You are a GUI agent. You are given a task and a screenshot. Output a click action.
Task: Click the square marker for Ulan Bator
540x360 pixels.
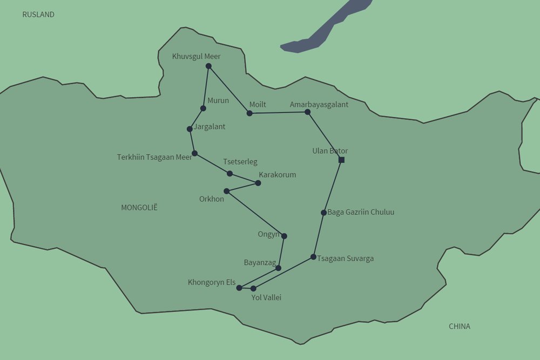click(x=341, y=160)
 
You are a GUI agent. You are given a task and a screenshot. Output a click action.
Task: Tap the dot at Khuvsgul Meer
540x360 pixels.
click(x=208, y=66)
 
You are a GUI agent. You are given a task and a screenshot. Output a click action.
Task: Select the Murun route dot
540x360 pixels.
click(x=203, y=108)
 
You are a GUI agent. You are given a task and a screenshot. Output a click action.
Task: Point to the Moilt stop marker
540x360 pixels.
click(x=249, y=113)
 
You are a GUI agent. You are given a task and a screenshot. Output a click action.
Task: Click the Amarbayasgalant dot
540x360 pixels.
click(x=307, y=112)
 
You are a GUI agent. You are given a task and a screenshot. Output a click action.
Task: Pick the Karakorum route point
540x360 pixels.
click(x=258, y=183)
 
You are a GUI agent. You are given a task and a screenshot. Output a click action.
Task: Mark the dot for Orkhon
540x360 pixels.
click(x=226, y=191)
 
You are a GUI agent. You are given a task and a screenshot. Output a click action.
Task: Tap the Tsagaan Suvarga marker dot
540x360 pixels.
click(x=313, y=257)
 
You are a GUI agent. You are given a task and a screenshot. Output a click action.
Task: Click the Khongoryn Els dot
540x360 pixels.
click(x=239, y=288)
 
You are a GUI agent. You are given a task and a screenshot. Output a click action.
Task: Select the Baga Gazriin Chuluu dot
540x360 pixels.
click(x=323, y=213)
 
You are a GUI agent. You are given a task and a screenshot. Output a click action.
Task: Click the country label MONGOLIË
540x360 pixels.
click(x=139, y=207)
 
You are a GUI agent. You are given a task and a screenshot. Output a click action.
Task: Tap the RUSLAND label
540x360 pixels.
click(x=38, y=15)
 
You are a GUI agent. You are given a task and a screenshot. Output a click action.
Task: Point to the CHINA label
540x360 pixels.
click(x=460, y=326)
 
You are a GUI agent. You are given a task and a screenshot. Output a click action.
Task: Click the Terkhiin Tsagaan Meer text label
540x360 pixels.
click(x=154, y=158)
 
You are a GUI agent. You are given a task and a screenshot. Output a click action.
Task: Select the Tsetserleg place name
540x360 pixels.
click(x=240, y=162)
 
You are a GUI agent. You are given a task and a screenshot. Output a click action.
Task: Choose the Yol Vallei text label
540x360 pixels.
click(x=266, y=297)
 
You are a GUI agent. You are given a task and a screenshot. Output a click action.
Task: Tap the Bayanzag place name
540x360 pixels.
click(x=260, y=263)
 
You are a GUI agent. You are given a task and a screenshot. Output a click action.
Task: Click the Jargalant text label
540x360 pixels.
click(x=210, y=127)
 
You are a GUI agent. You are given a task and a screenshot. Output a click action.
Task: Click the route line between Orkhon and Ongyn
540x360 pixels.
click(x=255, y=214)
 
